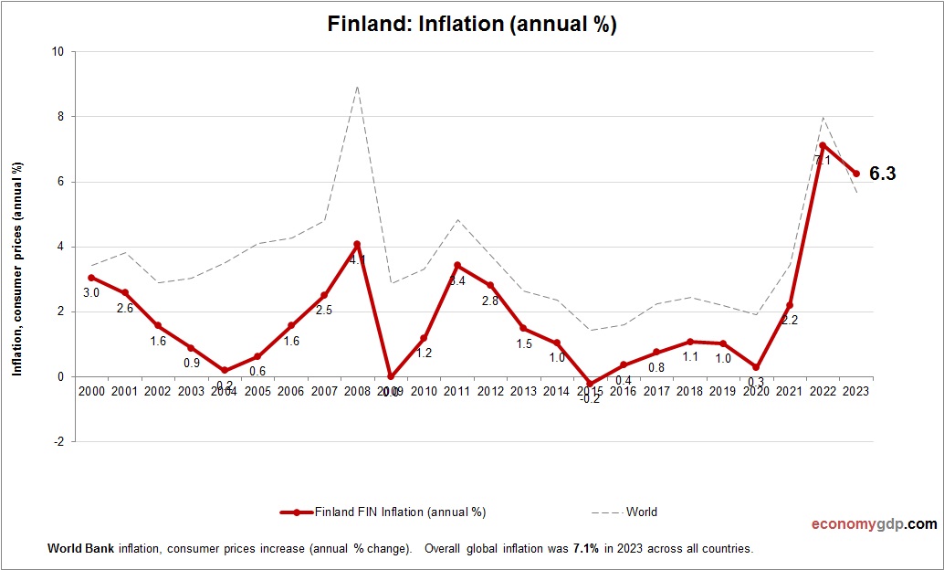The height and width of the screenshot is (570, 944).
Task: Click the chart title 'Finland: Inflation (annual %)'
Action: point(472,25)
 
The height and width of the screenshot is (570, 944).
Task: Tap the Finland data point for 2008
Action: point(357,244)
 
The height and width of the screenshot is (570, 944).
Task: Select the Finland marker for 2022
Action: point(823,145)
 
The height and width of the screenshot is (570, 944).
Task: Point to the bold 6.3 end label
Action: point(882,174)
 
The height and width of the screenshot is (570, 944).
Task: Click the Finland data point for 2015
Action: point(591,385)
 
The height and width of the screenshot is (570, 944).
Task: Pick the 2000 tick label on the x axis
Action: point(91,391)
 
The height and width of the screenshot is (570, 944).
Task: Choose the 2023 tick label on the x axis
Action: point(855,391)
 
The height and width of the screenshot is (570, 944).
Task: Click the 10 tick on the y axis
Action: point(58,52)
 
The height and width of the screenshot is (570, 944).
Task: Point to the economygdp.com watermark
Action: point(874,524)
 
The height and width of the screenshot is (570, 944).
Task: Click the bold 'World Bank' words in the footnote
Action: point(79,549)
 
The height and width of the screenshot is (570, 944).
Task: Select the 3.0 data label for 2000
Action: point(91,293)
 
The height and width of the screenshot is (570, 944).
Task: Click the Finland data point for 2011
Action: point(457,266)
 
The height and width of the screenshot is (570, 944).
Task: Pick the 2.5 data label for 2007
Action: point(324,311)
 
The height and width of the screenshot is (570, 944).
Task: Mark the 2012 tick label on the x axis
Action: point(490,391)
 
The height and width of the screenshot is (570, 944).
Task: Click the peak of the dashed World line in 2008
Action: point(357,86)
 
